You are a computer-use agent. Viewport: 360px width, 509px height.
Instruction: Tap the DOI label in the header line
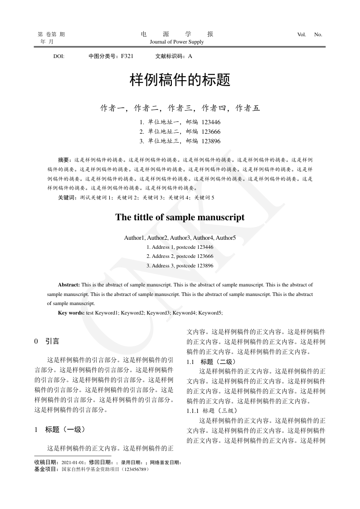tap(58, 57)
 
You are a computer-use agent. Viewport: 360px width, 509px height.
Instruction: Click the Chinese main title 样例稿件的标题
tap(180, 81)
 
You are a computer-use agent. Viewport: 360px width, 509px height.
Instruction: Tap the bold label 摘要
tap(64, 160)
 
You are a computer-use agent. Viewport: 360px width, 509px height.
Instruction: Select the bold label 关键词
tap(67, 198)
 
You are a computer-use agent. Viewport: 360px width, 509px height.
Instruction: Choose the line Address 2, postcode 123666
tap(180, 257)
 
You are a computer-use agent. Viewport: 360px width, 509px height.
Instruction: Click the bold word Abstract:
tap(69, 285)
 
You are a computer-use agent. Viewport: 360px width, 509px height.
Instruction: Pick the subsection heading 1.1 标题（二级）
tap(211, 362)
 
